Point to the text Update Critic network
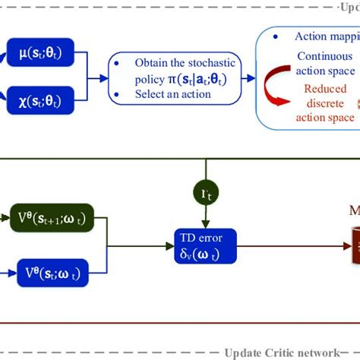click(x=281, y=352)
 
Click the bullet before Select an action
click(x=123, y=93)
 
